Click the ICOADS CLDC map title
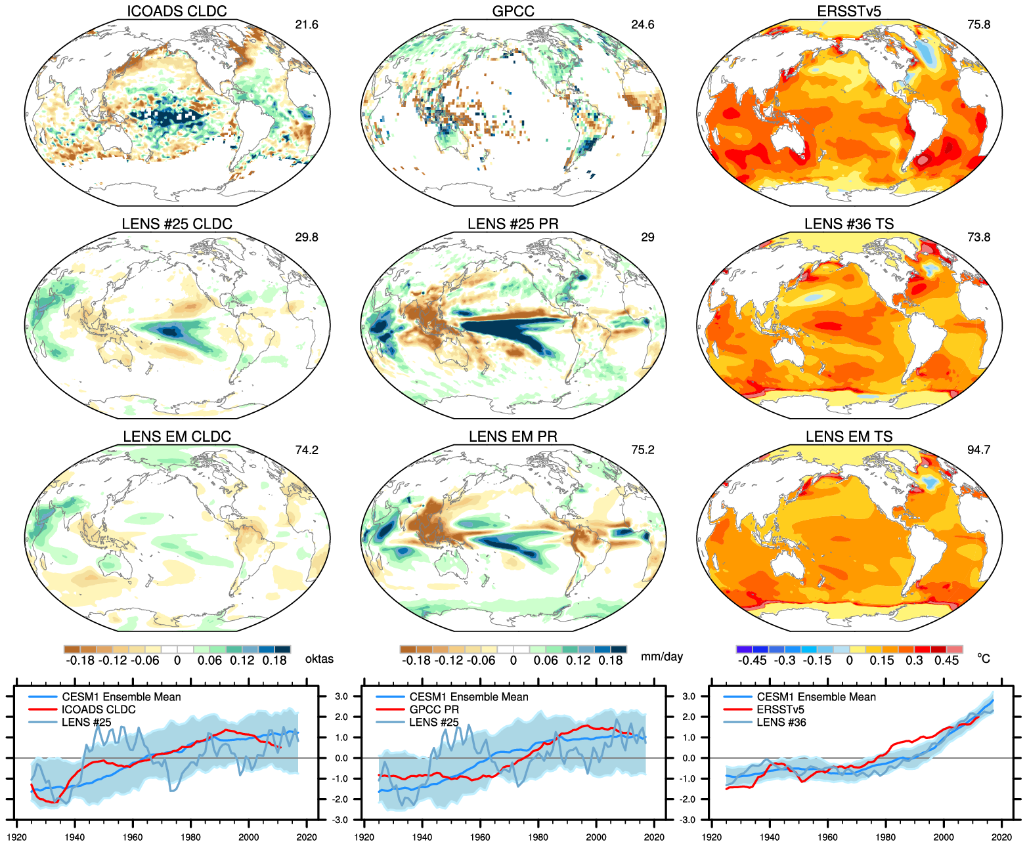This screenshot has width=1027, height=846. point(177,11)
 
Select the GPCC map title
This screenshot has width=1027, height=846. point(513,11)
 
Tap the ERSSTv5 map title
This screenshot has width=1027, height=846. point(849,11)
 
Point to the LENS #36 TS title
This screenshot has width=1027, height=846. point(849,224)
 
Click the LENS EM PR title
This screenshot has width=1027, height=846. point(513,436)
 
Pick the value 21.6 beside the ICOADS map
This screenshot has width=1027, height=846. point(307,25)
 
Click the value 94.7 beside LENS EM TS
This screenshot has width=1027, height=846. point(978,450)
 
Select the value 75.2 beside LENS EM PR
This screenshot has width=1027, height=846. point(643,450)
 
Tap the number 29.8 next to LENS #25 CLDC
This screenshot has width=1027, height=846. point(307,238)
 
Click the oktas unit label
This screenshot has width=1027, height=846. point(319,659)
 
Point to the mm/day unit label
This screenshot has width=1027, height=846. point(662,657)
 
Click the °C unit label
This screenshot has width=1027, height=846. point(983,658)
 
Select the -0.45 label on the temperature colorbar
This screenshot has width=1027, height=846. point(752,660)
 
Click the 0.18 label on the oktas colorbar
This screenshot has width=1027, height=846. point(274,660)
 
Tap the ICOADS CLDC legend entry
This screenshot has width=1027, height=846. point(98,709)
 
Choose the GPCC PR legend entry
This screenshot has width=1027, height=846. point(434,709)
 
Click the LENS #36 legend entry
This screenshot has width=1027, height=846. point(781,723)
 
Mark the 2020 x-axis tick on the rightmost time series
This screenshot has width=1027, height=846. point(1001,837)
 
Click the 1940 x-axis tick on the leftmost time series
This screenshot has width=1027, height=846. point(75,837)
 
